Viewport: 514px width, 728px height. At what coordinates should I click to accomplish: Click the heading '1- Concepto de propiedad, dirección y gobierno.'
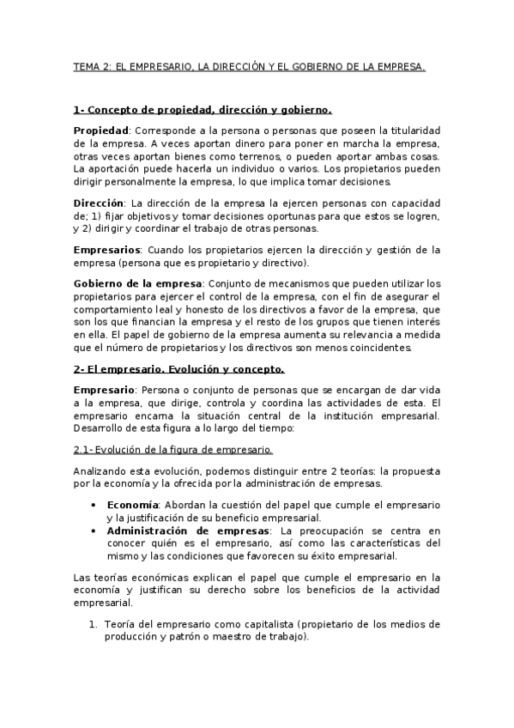coord(203,110)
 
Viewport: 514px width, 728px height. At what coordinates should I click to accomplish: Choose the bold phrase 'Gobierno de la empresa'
coord(137,283)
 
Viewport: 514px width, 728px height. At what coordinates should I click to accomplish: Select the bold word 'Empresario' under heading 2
coord(102,390)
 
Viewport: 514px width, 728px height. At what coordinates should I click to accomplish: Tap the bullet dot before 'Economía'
coord(93,505)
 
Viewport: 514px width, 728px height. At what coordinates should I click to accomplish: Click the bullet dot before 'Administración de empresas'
coord(93,531)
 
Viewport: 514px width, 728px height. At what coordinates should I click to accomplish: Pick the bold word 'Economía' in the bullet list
coord(132,505)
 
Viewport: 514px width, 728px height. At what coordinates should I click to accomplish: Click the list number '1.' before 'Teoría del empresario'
coord(95,624)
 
